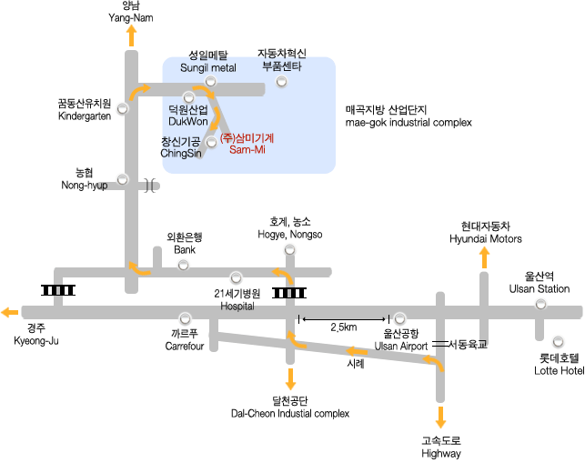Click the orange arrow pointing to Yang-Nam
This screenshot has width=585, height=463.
pyautogui.click(x=132, y=35)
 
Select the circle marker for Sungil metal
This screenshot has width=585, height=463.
pyautogui.click(x=210, y=82)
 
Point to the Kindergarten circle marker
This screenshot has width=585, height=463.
pyautogui.click(x=123, y=107)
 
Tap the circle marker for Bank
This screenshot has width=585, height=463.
pyautogui.click(x=184, y=265)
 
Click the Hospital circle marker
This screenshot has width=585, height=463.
pyautogui.click(x=237, y=277)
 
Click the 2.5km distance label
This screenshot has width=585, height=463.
pyautogui.click(x=344, y=327)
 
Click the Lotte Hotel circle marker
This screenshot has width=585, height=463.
pyautogui.click(x=556, y=342)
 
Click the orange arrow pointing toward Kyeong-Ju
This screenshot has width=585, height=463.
pyautogui.click(x=10, y=312)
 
